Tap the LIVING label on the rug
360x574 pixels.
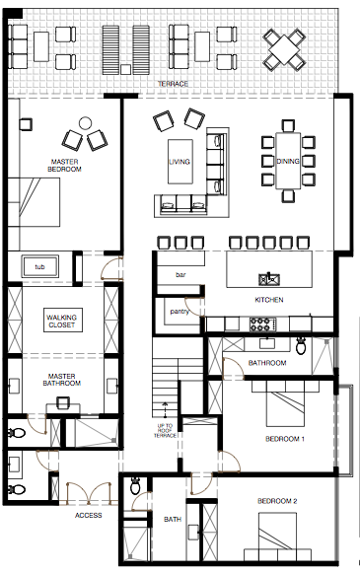180,161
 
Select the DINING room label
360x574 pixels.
288,160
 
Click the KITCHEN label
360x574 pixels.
268,299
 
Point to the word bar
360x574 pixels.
180,274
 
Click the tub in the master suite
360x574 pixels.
40,267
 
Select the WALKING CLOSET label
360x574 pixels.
60,320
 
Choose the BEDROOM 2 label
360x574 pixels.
277,502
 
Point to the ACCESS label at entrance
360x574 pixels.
89,515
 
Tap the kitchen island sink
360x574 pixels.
266,278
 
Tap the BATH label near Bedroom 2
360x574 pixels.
172,520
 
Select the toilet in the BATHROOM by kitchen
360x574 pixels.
301,344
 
